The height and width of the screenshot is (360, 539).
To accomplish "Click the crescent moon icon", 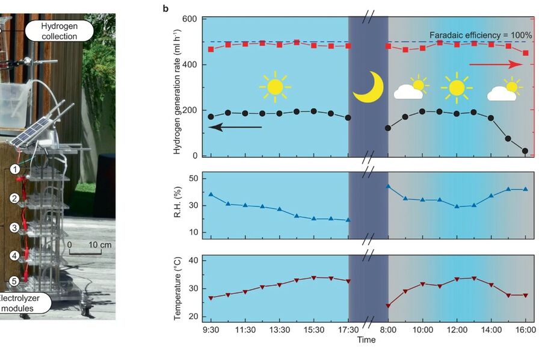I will tap(367, 87).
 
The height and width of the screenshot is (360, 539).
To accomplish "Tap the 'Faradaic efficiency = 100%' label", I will tap(481, 35).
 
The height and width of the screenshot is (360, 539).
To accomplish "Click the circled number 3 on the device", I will tap(13, 228).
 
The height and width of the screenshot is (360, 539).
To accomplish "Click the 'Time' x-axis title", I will tap(366, 340).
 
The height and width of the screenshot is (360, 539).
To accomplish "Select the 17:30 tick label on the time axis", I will tap(348, 330).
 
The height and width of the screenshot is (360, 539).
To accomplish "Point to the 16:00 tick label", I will tap(526, 330).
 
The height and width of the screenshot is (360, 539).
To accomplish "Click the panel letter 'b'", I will tap(165, 8).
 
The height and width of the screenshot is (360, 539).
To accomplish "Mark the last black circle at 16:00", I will tap(526, 151).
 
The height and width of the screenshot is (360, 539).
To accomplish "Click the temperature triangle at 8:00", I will tap(388, 306).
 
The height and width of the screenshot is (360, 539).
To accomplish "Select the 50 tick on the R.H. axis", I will tap(193, 178).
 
